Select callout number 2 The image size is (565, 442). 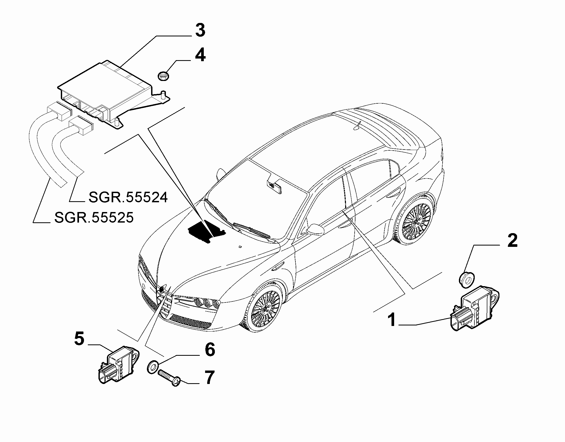click(x=512, y=241)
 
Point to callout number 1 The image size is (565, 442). click(x=393, y=320)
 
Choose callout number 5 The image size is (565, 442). click(x=79, y=339)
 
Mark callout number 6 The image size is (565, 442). click(x=210, y=350)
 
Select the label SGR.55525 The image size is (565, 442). click(x=94, y=218)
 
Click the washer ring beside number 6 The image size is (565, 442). click(x=152, y=367)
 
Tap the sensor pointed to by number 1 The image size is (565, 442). click(x=474, y=308)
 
